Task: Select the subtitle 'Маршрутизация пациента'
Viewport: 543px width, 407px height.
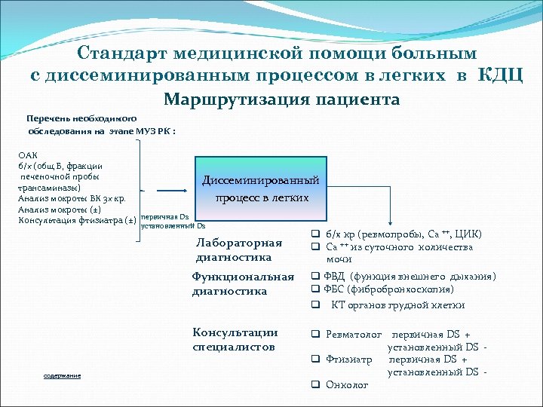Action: coord(281,99)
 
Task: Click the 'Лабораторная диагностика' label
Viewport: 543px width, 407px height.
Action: coord(239,249)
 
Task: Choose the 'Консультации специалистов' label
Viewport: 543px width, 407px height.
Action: coord(235,339)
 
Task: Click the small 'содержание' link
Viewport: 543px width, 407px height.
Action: coord(62,375)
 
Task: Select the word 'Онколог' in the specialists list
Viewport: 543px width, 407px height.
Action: coord(347,384)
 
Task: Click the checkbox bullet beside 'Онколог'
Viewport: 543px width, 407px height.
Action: coord(317,384)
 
